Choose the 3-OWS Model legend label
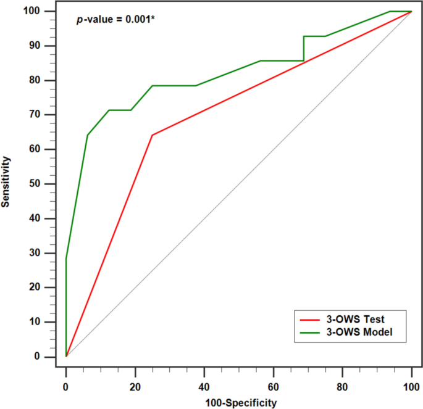coord(360,333)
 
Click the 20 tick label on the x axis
coord(135,386)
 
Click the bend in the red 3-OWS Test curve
coord(152,135)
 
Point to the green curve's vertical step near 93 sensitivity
coord(303,48)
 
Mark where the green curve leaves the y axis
coord(66,258)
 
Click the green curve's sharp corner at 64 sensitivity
coord(88,135)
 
